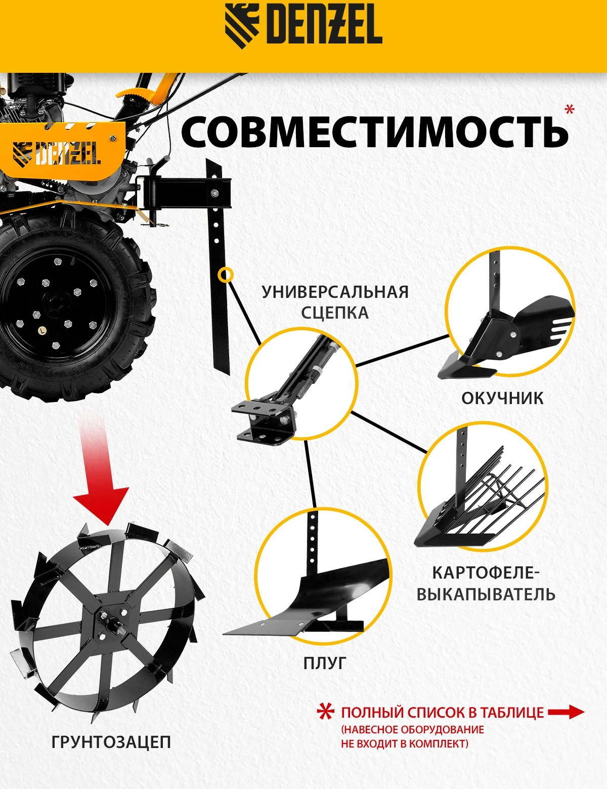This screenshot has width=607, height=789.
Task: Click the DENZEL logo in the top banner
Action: [303, 26]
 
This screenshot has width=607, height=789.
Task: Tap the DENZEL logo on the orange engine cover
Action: [57, 154]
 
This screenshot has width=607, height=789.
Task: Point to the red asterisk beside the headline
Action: [571, 109]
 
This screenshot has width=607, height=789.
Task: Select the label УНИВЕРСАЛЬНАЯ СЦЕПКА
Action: [335, 302]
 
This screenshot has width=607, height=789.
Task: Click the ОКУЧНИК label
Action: [502, 399]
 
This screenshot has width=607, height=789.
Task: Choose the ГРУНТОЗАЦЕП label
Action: [111, 742]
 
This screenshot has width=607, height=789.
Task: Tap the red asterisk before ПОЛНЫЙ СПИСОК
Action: [325, 713]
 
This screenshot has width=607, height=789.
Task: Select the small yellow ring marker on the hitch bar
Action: [225, 275]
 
